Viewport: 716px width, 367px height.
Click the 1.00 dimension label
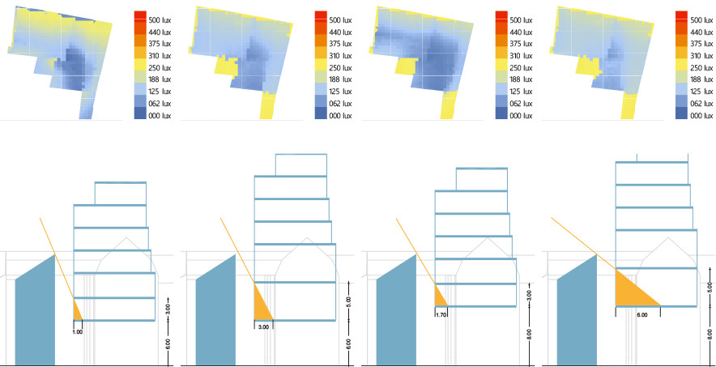click(78, 331)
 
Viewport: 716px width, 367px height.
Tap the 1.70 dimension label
click(441, 314)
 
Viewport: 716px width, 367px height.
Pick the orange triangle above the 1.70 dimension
click(440, 296)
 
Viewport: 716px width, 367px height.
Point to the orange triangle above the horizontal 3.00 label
click(262, 304)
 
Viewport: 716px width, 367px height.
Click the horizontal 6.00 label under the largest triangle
click(641, 314)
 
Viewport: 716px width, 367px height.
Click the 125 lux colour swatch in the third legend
click(501, 92)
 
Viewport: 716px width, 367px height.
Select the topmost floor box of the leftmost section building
click(120, 193)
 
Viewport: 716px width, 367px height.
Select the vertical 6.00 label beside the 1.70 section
click(529, 333)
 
